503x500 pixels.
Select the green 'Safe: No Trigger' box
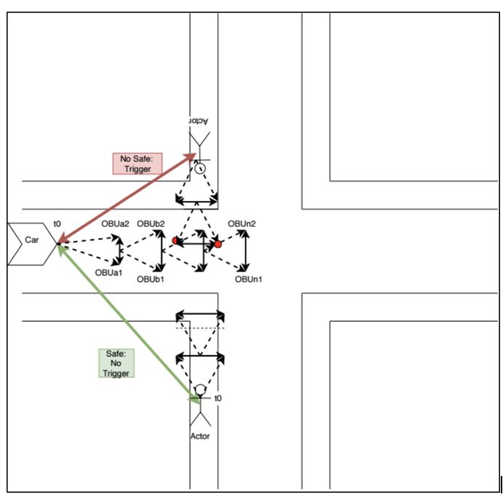pyautogui.click(x=116, y=362)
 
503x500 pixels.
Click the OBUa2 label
pyautogui.click(x=115, y=223)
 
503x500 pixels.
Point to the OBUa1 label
pyautogui.click(x=108, y=273)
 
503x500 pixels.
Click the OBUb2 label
pyautogui.click(x=151, y=223)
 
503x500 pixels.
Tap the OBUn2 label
pyautogui.click(x=242, y=223)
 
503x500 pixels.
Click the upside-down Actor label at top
pyautogui.click(x=198, y=120)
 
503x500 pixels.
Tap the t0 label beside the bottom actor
pyautogui.click(x=218, y=398)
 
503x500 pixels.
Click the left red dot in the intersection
pyautogui.click(x=175, y=240)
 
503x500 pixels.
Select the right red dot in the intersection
pyautogui.click(x=218, y=245)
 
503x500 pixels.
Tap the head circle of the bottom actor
pyautogui.click(x=200, y=389)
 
